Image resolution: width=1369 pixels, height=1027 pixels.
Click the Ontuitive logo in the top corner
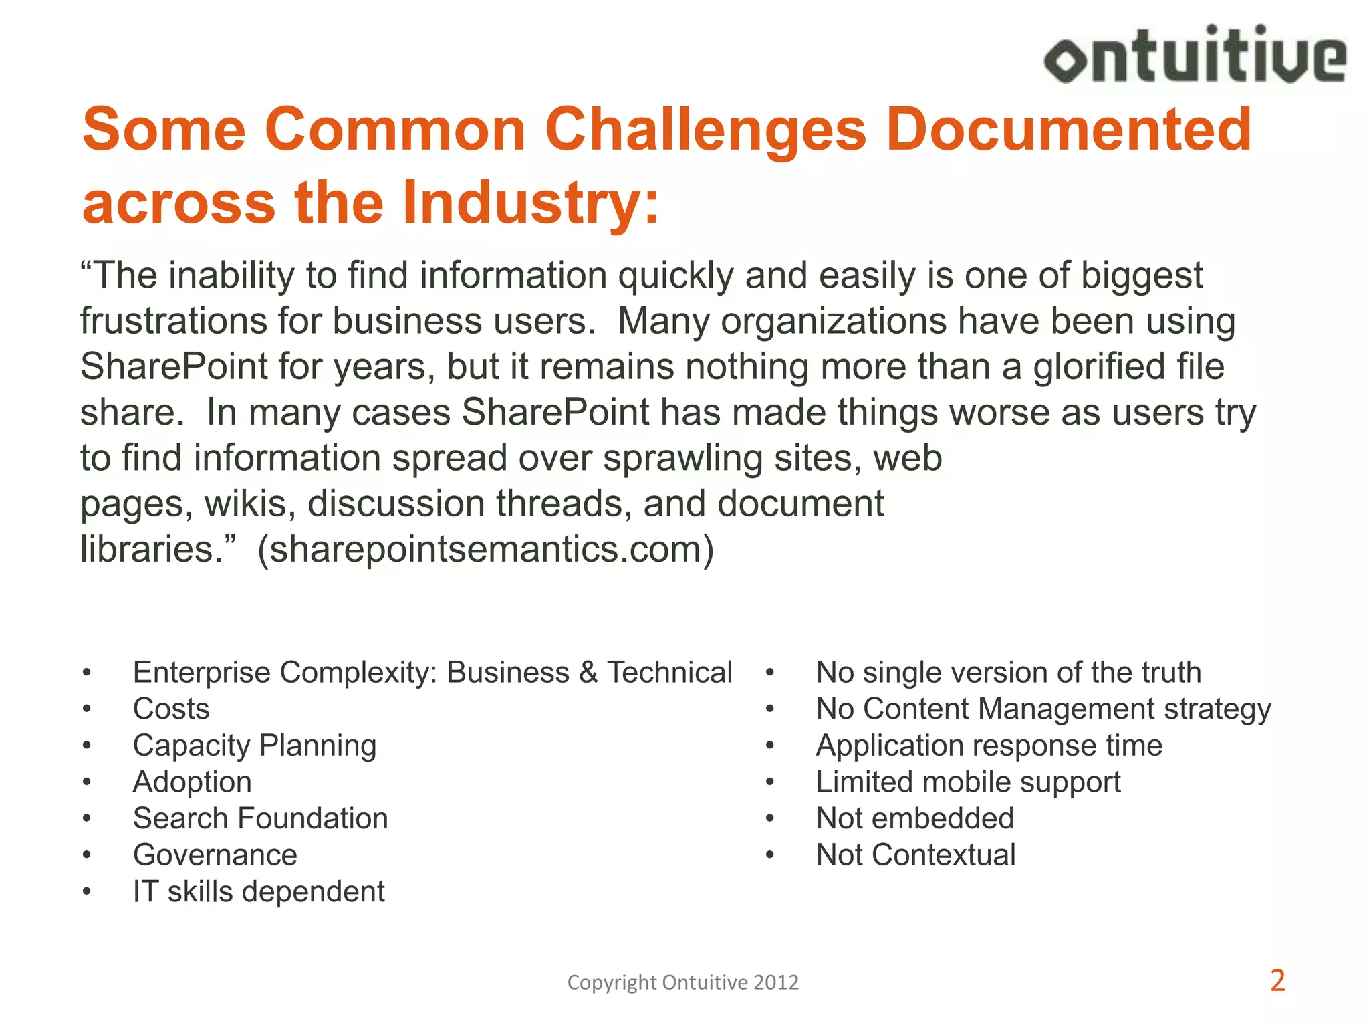click(1195, 54)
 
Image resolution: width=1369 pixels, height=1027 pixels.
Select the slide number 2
click(1277, 981)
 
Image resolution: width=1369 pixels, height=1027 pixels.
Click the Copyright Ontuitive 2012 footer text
click(682, 982)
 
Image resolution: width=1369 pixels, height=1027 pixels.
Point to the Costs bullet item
click(171, 709)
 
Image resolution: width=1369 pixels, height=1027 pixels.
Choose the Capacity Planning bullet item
click(255, 746)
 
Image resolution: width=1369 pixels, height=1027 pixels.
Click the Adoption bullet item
click(193, 782)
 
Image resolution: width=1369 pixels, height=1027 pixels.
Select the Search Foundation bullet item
click(261, 818)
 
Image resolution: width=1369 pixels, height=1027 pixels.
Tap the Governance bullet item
click(215, 855)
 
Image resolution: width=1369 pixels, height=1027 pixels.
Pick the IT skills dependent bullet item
click(259, 892)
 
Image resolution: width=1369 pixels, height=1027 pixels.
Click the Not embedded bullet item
click(915, 818)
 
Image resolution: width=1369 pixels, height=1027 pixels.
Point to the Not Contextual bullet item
click(916, 855)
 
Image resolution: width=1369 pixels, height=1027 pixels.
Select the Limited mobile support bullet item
click(968, 782)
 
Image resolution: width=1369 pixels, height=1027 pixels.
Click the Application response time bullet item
click(989, 746)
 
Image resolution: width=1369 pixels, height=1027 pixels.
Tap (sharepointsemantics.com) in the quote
click(486, 549)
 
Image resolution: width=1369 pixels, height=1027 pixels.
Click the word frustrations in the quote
click(172, 321)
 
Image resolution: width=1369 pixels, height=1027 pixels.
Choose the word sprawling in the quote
click(683, 459)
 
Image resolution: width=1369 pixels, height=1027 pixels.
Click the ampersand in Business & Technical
click(588, 673)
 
